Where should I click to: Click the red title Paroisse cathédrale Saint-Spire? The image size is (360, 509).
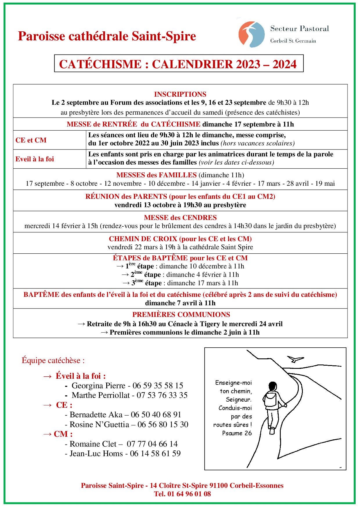107,37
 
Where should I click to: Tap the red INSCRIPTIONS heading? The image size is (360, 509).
180,94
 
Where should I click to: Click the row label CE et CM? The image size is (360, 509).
31,140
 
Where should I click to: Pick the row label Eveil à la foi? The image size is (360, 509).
35,159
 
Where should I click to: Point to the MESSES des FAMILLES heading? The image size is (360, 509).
156,175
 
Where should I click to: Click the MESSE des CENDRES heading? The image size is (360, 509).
180,218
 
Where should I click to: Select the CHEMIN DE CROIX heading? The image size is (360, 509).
180,239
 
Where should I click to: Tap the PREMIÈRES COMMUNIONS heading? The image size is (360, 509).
181,315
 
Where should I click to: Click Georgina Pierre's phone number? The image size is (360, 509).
158,386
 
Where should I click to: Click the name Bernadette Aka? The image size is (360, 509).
96,415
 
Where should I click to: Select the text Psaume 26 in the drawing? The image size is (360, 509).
237,433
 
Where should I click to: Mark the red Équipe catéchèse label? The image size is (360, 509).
53,361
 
